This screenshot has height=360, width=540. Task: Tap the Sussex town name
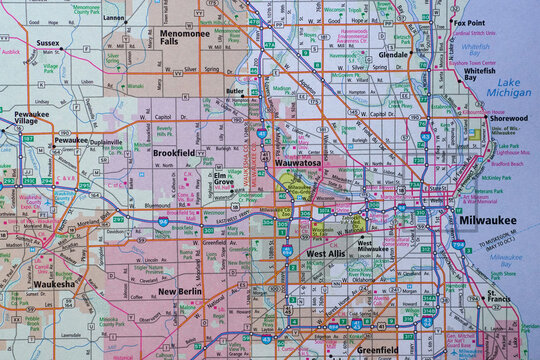coord(48,44)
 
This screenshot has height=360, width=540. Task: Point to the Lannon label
coord(115,17)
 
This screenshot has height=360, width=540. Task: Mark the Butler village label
coord(236,90)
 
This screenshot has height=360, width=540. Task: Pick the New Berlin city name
coord(180,291)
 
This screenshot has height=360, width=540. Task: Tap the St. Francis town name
coord(497,296)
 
